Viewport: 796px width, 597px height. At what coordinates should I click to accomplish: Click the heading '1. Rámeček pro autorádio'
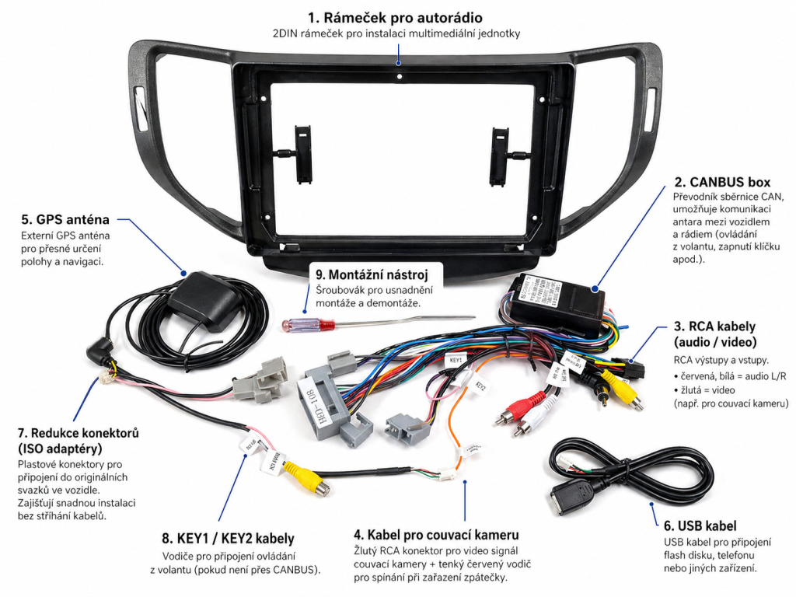397,17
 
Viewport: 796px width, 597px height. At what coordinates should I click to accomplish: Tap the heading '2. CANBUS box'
722,182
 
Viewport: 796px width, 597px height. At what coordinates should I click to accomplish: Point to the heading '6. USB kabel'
700,525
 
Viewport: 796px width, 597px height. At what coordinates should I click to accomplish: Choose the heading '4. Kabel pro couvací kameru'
435,535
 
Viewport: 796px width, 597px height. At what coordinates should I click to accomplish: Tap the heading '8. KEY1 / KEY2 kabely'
228,538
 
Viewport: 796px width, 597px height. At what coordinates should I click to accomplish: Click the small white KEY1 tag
456,361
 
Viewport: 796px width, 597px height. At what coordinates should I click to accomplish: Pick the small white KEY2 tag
480,386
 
